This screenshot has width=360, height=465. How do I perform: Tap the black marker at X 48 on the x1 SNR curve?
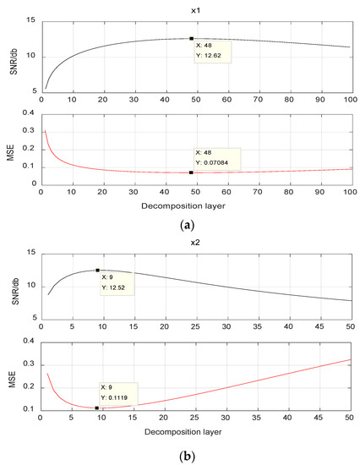click(x=191, y=38)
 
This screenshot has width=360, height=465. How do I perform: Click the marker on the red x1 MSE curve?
click(x=191, y=172)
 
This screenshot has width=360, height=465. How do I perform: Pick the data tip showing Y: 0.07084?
click(x=216, y=158)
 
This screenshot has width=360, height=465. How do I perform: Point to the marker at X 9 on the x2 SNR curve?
click(x=97, y=271)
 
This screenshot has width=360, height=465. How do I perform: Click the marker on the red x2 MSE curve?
click(x=97, y=408)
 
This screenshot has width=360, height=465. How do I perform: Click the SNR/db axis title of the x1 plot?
click(x=14, y=56)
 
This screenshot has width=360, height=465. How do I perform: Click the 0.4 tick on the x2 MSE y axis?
click(x=27, y=342)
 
